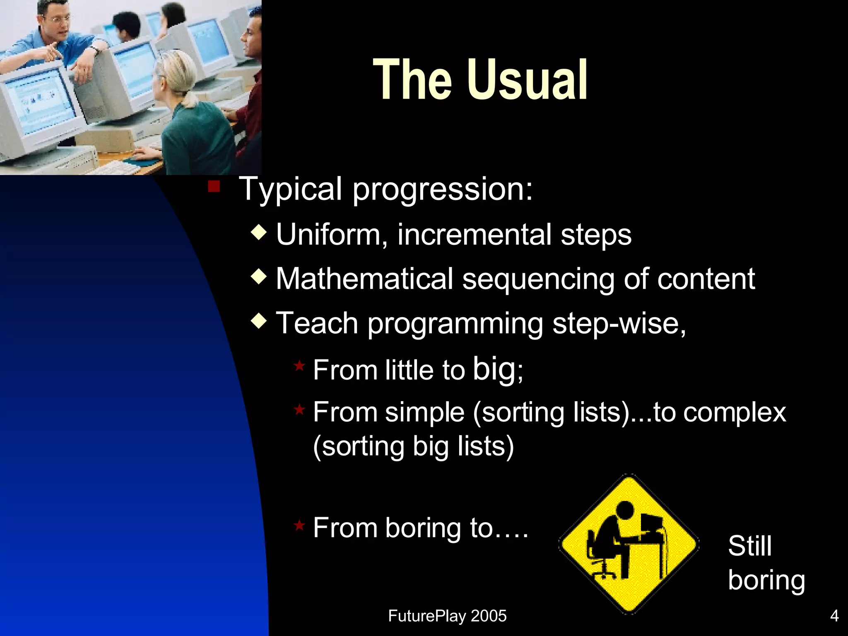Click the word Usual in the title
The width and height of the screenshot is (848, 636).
[x=528, y=79]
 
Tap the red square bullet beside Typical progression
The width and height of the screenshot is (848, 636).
[x=214, y=187]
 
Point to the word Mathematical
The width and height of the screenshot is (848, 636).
[x=364, y=279]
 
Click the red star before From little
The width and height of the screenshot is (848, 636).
[x=299, y=366]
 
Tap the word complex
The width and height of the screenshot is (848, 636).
[x=735, y=412]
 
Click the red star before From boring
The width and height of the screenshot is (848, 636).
[x=299, y=525]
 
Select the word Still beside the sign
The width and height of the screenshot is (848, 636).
[x=749, y=545]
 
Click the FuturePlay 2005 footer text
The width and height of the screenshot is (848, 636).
[x=447, y=616]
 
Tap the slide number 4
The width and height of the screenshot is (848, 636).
[x=834, y=616]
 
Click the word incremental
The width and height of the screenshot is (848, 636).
[x=474, y=235]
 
